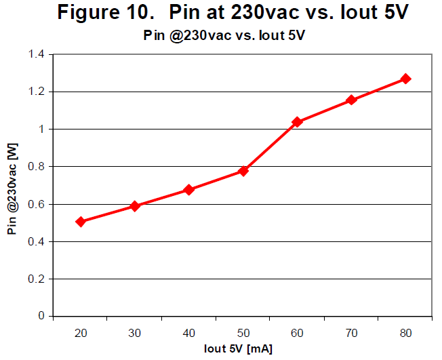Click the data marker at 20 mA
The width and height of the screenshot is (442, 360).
[x=81, y=222]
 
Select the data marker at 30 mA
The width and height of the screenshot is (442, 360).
[x=135, y=206]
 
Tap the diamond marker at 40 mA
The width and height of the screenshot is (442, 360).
[x=189, y=190]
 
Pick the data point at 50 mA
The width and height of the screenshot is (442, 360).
[x=243, y=171]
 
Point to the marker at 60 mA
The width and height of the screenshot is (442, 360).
[x=297, y=122]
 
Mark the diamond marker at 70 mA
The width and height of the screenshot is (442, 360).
[x=351, y=100]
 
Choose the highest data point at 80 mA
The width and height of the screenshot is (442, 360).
[x=405, y=79]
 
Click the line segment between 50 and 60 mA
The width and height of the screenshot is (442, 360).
[x=270, y=146]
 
